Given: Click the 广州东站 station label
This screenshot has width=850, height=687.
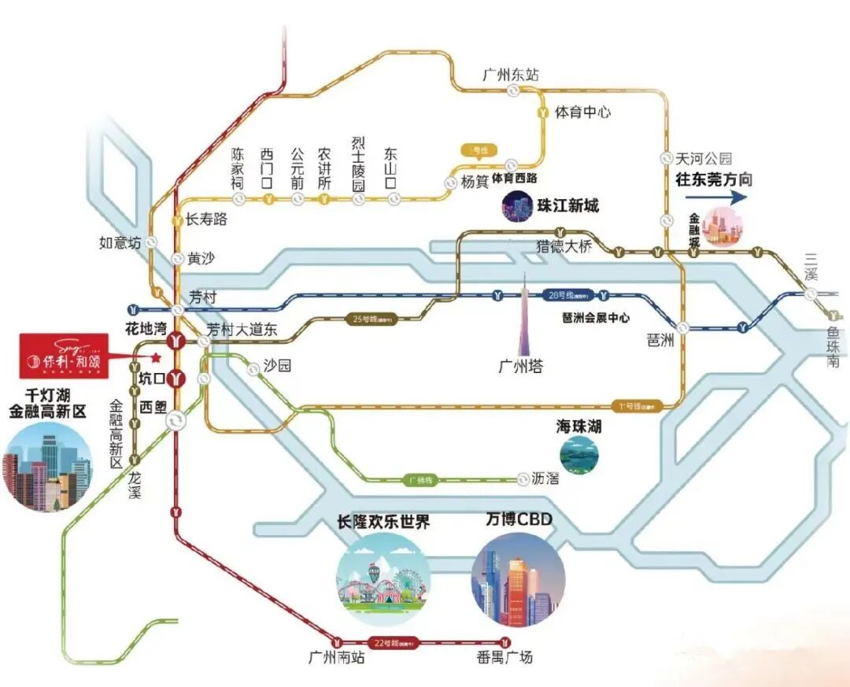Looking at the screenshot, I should tap(511, 75).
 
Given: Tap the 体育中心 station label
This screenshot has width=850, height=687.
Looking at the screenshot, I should tap(583, 113).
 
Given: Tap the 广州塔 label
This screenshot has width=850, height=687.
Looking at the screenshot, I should tap(521, 366).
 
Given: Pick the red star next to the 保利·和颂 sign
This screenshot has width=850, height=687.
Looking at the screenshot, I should tap(154, 357).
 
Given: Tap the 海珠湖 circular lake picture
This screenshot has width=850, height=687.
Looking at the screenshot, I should tap(579, 454).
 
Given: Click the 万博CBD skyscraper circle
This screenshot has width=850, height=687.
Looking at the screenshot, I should tap(518, 580).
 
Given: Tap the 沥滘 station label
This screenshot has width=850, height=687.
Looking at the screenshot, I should tap(545, 478).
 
